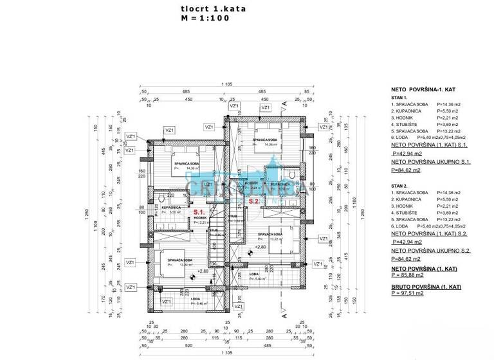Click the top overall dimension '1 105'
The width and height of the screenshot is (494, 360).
[x=226, y=85]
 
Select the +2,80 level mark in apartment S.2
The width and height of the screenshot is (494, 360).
[x=260, y=246]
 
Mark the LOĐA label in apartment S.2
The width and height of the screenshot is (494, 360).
[x=254, y=274]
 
